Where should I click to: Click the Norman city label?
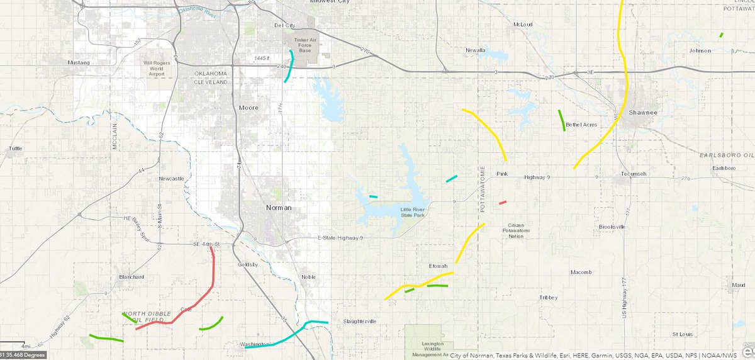point(278,207)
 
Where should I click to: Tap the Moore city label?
point(248,108)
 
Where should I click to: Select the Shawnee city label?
point(642,113)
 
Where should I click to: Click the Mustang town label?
point(79,62)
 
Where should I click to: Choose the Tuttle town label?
point(15,149)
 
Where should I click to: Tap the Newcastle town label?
point(171,179)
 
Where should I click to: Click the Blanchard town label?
point(131,277)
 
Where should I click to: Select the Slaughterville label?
point(360,322)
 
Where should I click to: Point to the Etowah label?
point(437,266)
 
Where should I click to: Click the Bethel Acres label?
point(581,125)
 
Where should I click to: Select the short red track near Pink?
point(502,203)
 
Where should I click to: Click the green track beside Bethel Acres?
point(561,120)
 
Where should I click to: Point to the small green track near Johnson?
point(721,35)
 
